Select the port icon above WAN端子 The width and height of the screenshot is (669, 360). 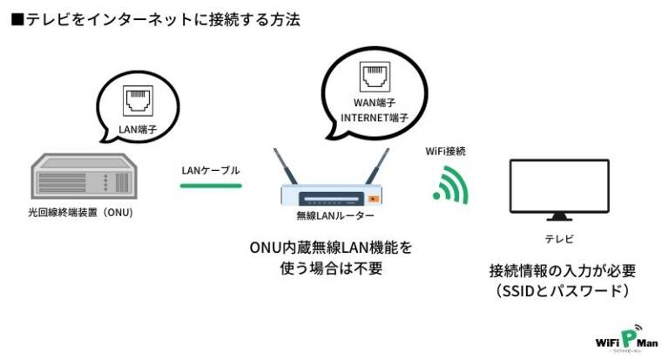(374, 77)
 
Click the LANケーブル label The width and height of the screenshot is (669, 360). (210, 170)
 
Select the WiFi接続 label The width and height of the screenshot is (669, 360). (446, 151)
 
